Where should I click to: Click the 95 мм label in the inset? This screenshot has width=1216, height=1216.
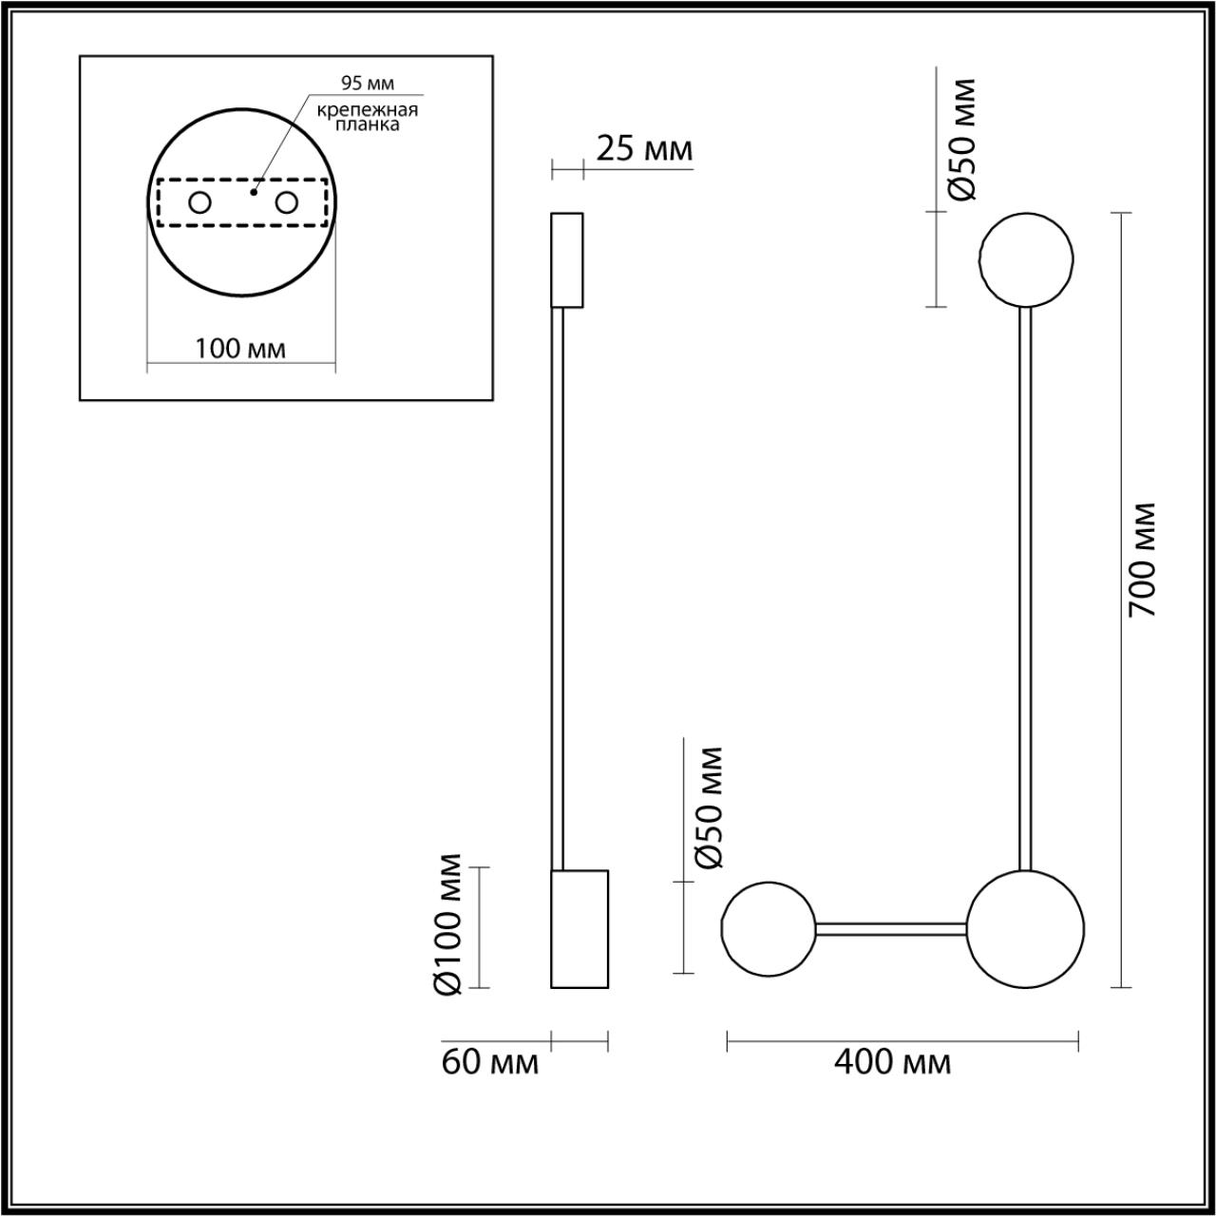click(368, 83)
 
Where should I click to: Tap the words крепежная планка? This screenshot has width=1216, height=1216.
click(368, 118)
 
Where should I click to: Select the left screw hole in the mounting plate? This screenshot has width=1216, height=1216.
click(200, 203)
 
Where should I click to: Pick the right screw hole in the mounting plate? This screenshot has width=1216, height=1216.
click(286, 203)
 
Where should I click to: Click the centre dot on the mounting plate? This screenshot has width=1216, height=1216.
click(254, 192)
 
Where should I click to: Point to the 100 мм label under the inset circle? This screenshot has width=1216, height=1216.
click(240, 349)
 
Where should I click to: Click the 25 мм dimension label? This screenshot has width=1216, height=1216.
click(644, 149)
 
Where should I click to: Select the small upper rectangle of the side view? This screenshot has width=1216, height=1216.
click(566, 260)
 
